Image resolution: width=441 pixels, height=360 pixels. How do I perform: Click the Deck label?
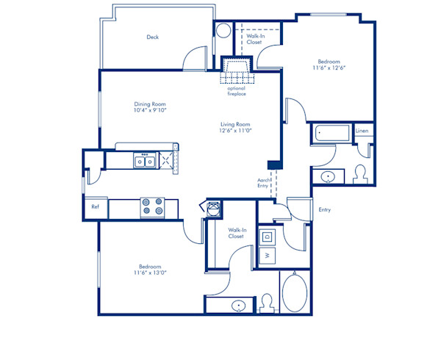(152, 37)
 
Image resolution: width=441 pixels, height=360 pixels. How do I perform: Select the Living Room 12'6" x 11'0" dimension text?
(235, 131)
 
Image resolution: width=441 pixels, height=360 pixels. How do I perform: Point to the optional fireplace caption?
(236, 90)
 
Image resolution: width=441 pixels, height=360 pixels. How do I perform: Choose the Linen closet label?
(362, 132)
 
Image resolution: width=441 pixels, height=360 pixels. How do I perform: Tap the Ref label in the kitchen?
(95, 207)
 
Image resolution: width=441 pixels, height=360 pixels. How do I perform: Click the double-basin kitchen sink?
(144, 161)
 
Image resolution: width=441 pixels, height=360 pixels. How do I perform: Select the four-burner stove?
(152, 206)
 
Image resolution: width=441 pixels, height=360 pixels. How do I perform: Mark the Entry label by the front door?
(324, 210)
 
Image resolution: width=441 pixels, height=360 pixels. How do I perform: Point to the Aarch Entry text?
(262, 182)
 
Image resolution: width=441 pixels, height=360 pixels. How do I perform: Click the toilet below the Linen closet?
(360, 173)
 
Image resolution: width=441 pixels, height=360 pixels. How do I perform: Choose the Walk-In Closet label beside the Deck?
(254, 39)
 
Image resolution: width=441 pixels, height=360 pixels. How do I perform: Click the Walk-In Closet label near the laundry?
(235, 234)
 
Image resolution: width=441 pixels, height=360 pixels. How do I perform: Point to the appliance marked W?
(268, 256)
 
